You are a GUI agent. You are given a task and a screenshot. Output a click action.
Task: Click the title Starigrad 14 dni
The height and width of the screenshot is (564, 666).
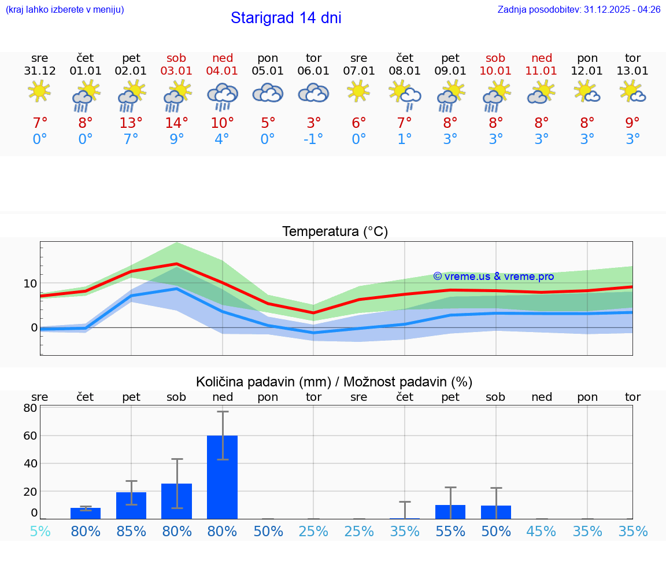[286, 18]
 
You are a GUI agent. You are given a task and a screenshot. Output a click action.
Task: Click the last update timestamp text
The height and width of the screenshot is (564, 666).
[579, 10]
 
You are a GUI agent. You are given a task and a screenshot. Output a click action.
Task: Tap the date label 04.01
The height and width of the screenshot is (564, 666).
[223, 71]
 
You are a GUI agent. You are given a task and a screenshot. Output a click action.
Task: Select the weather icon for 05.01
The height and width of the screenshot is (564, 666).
[268, 94]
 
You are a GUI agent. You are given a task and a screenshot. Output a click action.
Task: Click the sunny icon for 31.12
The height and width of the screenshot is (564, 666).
[39, 91]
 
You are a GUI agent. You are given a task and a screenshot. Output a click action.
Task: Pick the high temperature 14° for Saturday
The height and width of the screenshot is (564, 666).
[177, 123]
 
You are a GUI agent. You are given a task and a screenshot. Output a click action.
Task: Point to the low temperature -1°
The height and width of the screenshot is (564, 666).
[313, 139]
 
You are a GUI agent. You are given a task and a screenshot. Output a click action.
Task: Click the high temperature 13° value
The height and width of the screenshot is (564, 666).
[131, 123]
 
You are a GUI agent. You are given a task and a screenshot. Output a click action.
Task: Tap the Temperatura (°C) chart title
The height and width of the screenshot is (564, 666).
[335, 232]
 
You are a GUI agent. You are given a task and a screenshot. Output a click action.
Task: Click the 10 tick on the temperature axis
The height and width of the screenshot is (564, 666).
[30, 283]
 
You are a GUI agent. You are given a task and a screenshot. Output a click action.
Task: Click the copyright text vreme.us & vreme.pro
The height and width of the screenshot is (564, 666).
[493, 277]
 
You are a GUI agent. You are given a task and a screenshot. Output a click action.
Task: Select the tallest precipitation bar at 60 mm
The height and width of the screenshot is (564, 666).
[223, 477]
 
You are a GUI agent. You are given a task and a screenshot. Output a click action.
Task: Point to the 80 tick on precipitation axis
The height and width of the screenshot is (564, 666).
[30, 408]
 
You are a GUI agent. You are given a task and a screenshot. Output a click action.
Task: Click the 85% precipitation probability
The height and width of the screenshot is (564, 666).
[131, 531]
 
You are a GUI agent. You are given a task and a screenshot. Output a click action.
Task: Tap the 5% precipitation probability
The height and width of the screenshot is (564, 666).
[40, 531]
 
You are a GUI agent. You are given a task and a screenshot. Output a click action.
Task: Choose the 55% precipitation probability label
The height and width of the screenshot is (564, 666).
[450, 531]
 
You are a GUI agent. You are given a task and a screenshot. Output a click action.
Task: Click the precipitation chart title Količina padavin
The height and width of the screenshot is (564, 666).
[334, 382]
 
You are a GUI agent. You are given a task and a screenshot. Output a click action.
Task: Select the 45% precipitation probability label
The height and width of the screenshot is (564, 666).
[542, 531]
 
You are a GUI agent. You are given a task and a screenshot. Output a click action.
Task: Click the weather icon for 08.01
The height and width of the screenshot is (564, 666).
[405, 94]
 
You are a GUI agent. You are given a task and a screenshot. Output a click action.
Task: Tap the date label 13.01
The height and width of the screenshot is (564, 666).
[632, 71]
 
